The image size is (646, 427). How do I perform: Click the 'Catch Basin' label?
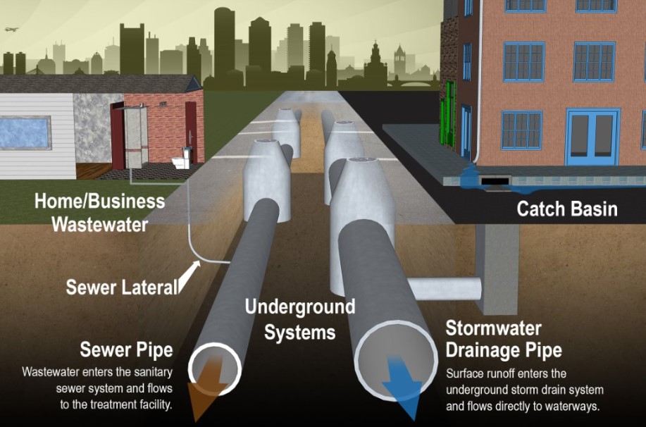point(566,209)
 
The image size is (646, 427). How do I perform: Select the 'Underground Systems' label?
point(299,318)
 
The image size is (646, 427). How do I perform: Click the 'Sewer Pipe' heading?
point(126,349)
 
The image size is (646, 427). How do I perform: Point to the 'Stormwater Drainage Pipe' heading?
point(503,340)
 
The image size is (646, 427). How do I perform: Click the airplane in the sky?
point(10,30)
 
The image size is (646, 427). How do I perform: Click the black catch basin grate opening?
point(496,182)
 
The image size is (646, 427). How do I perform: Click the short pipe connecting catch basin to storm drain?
point(445,287)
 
